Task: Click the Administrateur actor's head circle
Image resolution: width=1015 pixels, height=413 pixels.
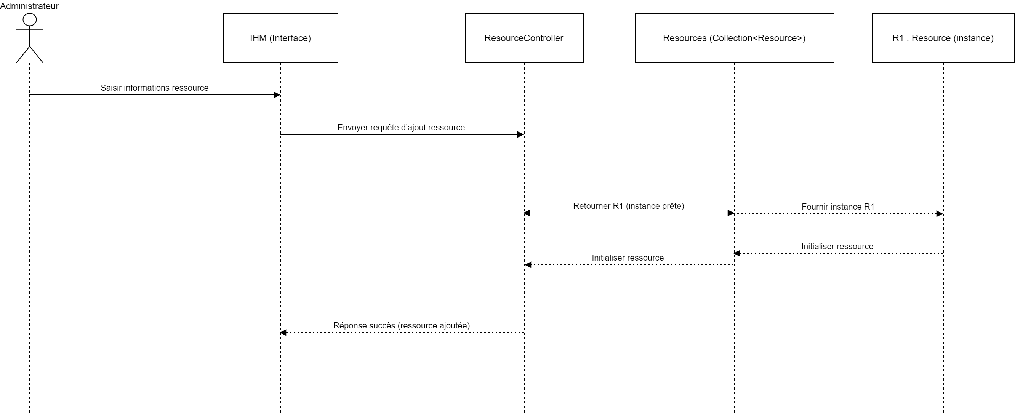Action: (x=30, y=19)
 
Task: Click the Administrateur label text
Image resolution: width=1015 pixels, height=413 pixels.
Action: (x=29, y=6)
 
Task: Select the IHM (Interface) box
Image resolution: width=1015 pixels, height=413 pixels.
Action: (x=280, y=38)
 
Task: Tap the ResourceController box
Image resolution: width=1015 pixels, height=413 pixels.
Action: (x=524, y=38)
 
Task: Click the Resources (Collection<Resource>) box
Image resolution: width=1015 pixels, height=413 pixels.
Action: (x=734, y=38)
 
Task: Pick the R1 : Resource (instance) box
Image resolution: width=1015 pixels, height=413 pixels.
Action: (x=943, y=38)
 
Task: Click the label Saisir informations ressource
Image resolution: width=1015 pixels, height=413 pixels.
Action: (x=154, y=88)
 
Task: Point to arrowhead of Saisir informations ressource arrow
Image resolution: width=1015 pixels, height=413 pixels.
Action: (x=277, y=95)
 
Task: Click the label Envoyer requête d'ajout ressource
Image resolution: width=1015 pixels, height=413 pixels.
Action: (x=401, y=128)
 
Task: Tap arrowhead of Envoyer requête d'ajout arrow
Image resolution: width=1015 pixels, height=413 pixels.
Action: (x=520, y=135)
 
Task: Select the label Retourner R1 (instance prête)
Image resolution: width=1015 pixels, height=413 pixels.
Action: (x=628, y=206)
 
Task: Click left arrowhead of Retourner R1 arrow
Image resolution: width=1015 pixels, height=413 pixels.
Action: (x=527, y=213)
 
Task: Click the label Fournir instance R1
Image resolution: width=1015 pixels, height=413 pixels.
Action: (x=838, y=207)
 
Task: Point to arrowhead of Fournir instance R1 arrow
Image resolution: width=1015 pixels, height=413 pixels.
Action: (x=940, y=214)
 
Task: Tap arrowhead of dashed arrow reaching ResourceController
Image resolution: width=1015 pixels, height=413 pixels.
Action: (x=528, y=265)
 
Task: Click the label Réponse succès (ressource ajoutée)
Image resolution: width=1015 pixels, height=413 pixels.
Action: (x=402, y=326)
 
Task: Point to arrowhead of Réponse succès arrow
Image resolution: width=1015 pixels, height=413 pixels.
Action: (x=283, y=333)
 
